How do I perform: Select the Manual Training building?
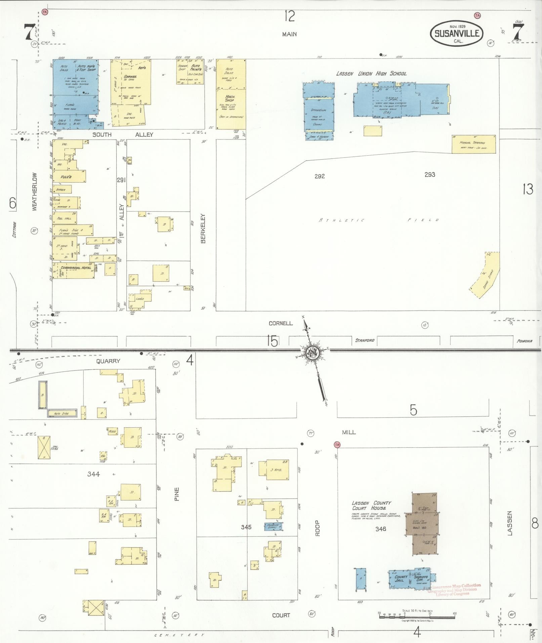(x=473, y=144)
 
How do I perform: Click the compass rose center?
(x=312, y=353)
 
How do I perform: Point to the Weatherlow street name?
(x=34, y=192)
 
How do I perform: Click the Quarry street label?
(x=108, y=361)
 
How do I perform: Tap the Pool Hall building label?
(x=65, y=218)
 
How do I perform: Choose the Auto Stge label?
(x=62, y=413)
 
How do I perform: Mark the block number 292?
(x=320, y=176)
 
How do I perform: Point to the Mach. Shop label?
(x=230, y=98)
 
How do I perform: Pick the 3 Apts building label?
(x=276, y=470)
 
